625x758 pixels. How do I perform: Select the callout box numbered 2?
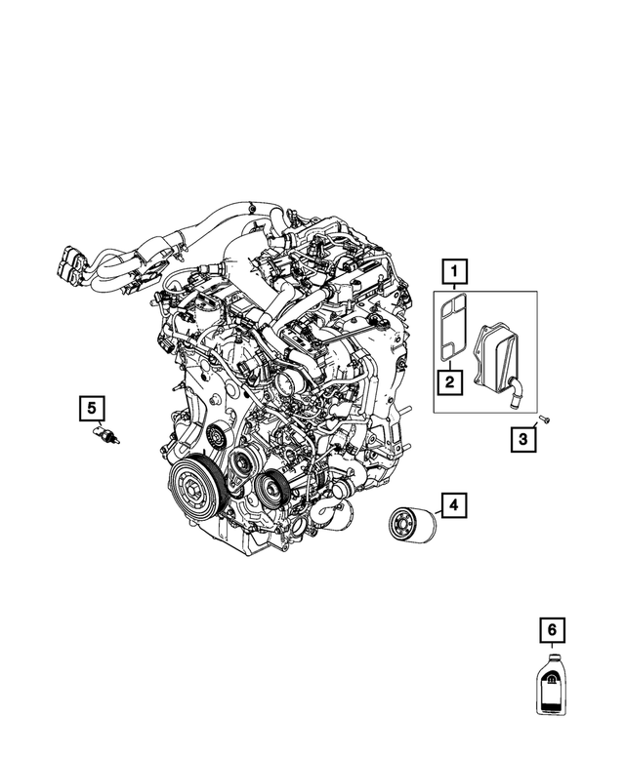[x=449, y=381]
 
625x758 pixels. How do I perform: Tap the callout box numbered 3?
[x=523, y=441]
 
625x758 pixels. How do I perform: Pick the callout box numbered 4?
[x=453, y=505]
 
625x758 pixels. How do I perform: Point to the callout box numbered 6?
[x=552, y=630]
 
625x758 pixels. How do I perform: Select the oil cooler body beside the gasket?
[x=498, y=355]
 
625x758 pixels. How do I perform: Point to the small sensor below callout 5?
[x=104, y=434]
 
